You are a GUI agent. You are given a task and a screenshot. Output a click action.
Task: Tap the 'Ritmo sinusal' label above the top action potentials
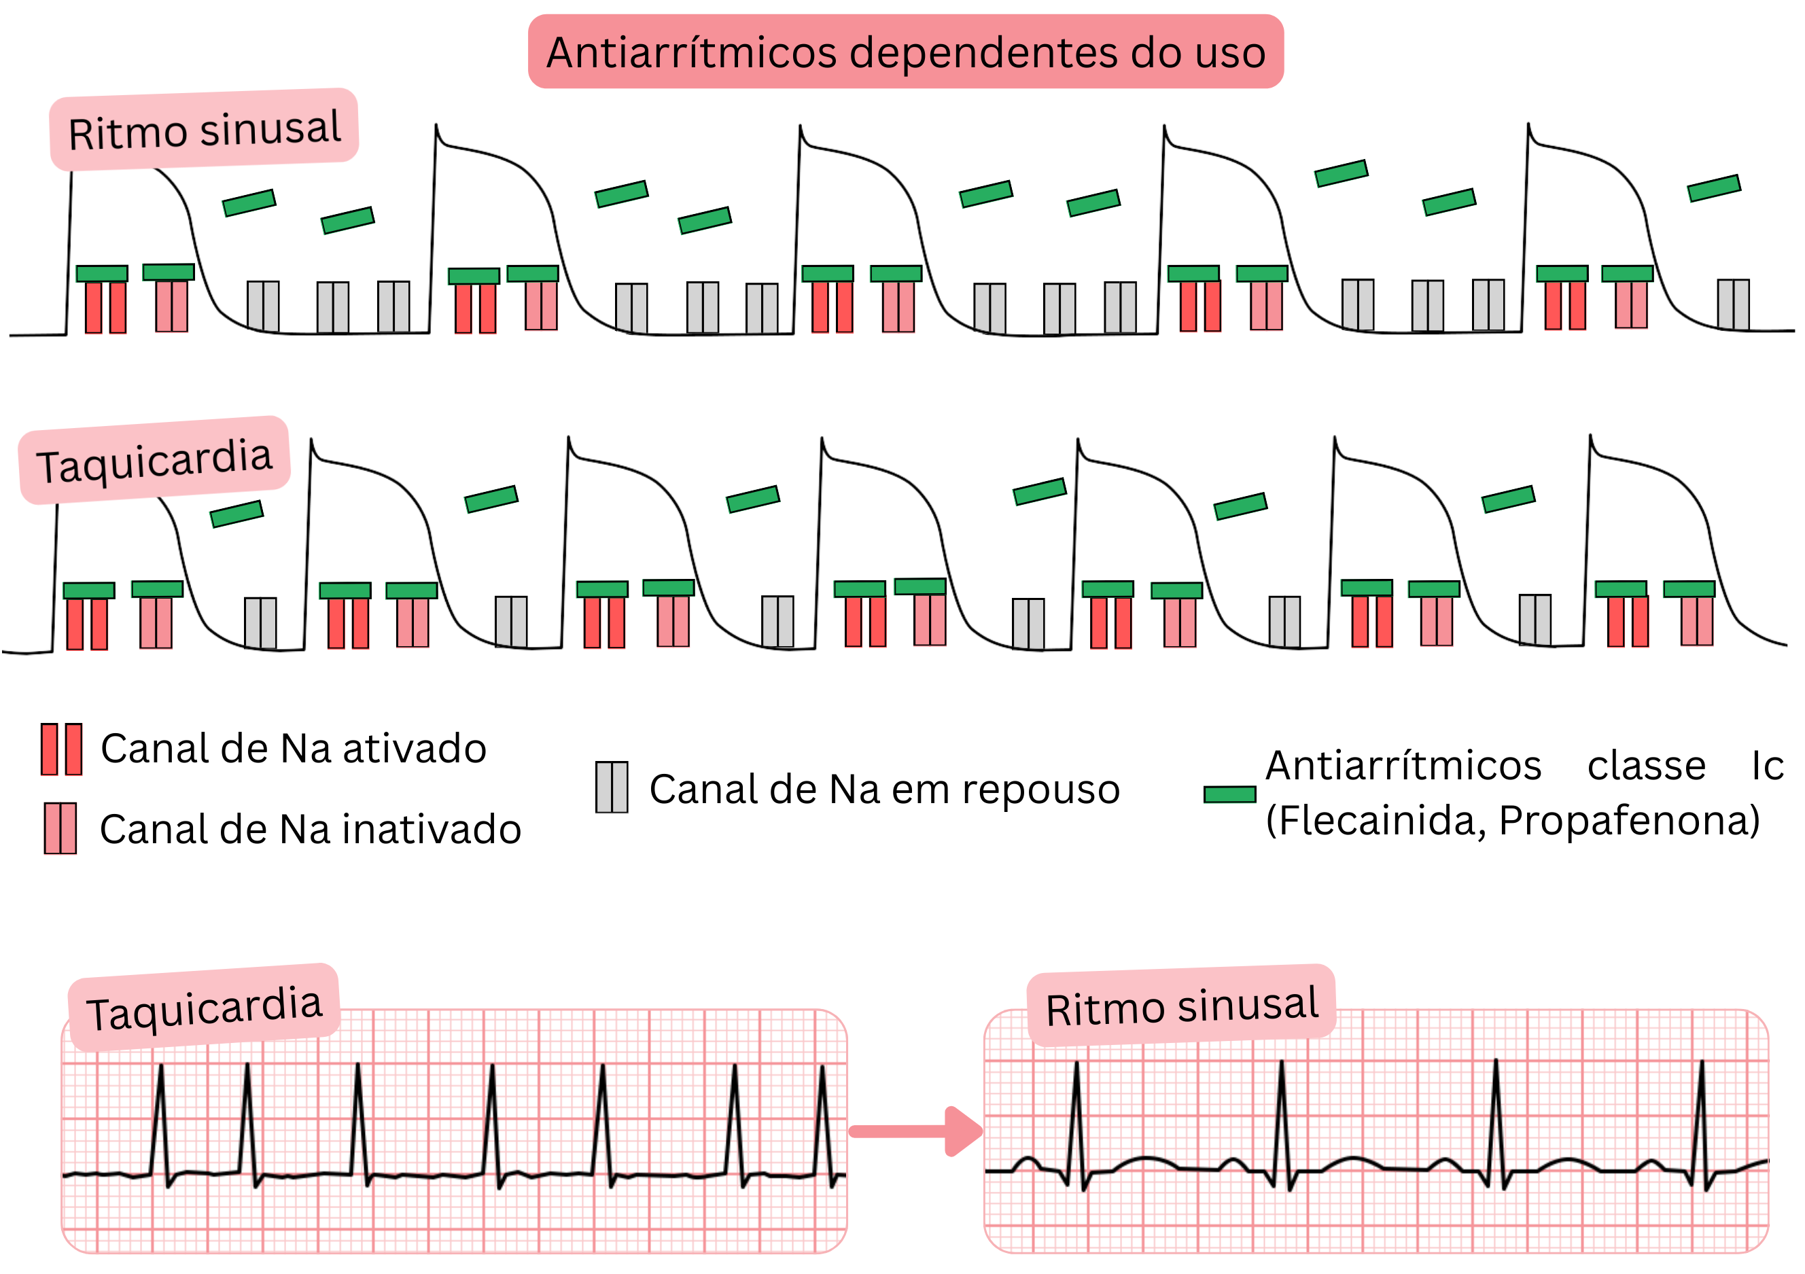[205, 130]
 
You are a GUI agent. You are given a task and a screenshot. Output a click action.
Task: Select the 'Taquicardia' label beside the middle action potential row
[154, 461]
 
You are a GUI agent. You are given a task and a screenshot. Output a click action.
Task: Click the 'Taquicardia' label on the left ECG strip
[204, 1008]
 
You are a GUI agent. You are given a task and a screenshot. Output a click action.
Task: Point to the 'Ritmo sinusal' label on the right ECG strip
[1181, 1006]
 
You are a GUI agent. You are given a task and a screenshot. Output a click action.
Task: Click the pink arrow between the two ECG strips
[917, 1132]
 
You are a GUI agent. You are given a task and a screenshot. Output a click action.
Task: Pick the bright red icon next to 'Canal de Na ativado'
[61, 749]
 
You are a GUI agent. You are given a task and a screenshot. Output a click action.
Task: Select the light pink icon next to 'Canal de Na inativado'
[60, 828]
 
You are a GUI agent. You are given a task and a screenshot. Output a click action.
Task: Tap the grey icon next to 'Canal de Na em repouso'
[612, 788]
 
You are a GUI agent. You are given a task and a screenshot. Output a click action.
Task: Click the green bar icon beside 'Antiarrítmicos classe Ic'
[1229, 794]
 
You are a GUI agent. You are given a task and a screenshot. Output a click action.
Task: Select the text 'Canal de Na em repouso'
[883, 789]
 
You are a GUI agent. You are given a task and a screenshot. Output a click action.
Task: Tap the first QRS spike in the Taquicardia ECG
[161, 1116]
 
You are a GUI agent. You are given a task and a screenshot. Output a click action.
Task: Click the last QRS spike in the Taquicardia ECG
[823, 1116]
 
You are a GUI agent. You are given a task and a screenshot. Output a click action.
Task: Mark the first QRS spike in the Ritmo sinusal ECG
[1077, 1116]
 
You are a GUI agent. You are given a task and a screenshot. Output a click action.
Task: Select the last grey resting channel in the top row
[1733, 304]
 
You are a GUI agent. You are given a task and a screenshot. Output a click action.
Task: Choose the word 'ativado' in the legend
[415, 748]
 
